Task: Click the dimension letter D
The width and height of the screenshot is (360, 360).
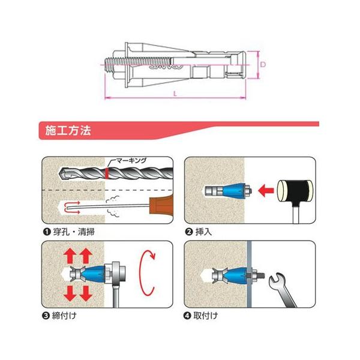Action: tap(263, 64)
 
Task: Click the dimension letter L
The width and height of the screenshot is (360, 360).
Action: tap(175, 94)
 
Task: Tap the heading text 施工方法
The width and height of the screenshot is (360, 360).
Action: tap(68, 130)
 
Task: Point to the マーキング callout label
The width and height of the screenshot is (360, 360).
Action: tap(131, 160)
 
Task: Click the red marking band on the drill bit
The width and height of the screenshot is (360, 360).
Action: tap(107, 173)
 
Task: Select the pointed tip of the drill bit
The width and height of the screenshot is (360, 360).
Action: tap(59, 173)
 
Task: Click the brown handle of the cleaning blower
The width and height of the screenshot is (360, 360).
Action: tap(161, 205)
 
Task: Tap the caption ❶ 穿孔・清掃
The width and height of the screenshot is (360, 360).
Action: tap(68, 232)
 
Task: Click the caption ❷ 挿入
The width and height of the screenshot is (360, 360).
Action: tap(199, 232)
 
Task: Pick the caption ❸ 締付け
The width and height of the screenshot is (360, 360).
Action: tap(59, 316)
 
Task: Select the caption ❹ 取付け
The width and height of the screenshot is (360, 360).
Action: tap(200, 316)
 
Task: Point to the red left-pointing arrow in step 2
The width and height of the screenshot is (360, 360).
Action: tap(266, 191)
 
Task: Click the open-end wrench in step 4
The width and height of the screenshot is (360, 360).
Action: tap(283, 290)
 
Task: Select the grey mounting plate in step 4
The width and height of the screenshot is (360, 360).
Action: tap(249, 274)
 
